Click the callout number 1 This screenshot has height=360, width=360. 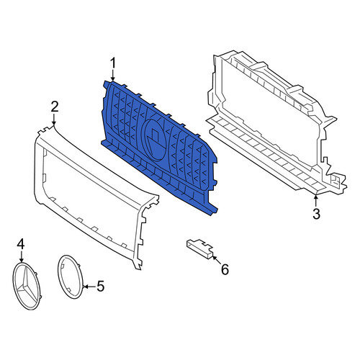pos(113,63)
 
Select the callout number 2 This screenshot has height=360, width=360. pos(55,107)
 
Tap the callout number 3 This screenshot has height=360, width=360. pos(316,214)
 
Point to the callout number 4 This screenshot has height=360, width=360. pos(21,244)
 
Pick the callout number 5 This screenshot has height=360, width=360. pos(101,286)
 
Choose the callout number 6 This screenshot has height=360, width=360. pos(225,269)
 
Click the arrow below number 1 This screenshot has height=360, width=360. pos(113,76)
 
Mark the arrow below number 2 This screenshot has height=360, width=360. pos(54,119)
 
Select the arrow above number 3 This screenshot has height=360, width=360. pos(316,201)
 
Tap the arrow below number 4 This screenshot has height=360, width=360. pos(22,256)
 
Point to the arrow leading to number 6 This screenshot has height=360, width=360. pos(217,261)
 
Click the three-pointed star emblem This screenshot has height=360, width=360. pos(27,286)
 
